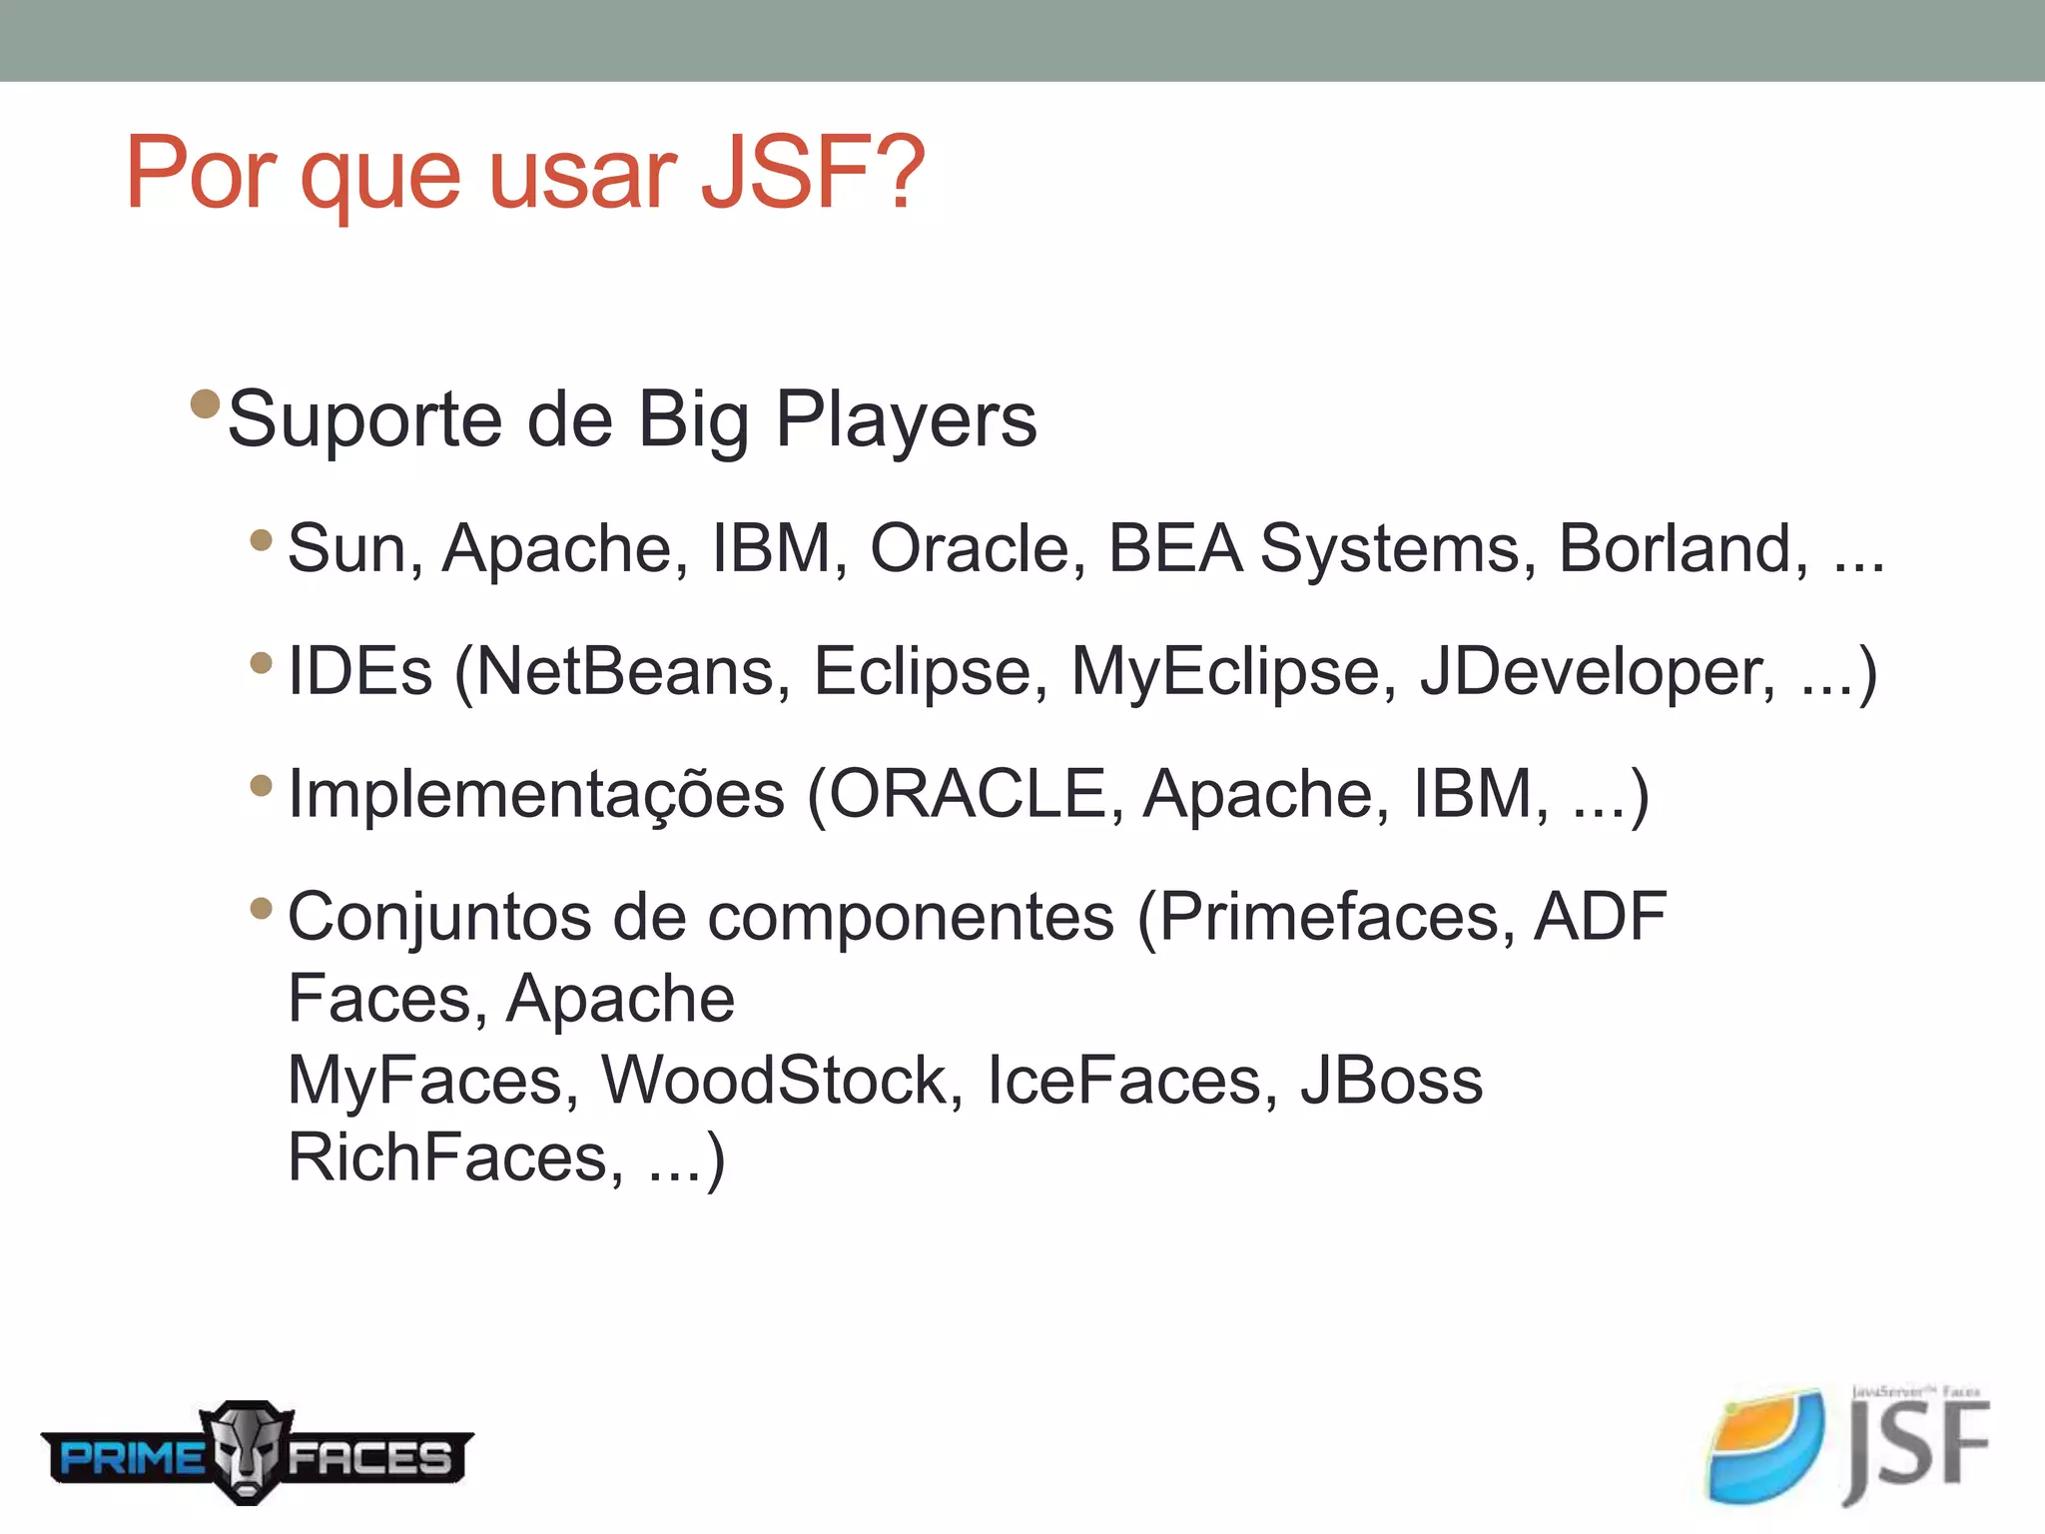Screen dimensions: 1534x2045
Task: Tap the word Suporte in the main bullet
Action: (x=364, y=420)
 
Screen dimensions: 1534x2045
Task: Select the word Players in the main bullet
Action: (x=906, y=420)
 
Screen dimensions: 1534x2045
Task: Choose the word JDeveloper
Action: (x=1597, y=673)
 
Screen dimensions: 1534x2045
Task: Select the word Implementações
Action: (x=536, y=795)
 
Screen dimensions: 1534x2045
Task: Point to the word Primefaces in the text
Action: (x=1328, y=917)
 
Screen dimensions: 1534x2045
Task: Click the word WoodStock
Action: (x=774, y=1081)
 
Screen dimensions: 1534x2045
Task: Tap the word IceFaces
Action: (x=1124, y=1081)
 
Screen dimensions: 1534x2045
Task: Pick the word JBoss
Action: (x=1391, y=1081)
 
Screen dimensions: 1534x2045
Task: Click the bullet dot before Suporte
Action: (x=205, y=403)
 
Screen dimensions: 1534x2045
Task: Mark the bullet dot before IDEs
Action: (x=262, y=662)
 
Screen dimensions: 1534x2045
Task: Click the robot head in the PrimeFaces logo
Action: (x=247, y=1452)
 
